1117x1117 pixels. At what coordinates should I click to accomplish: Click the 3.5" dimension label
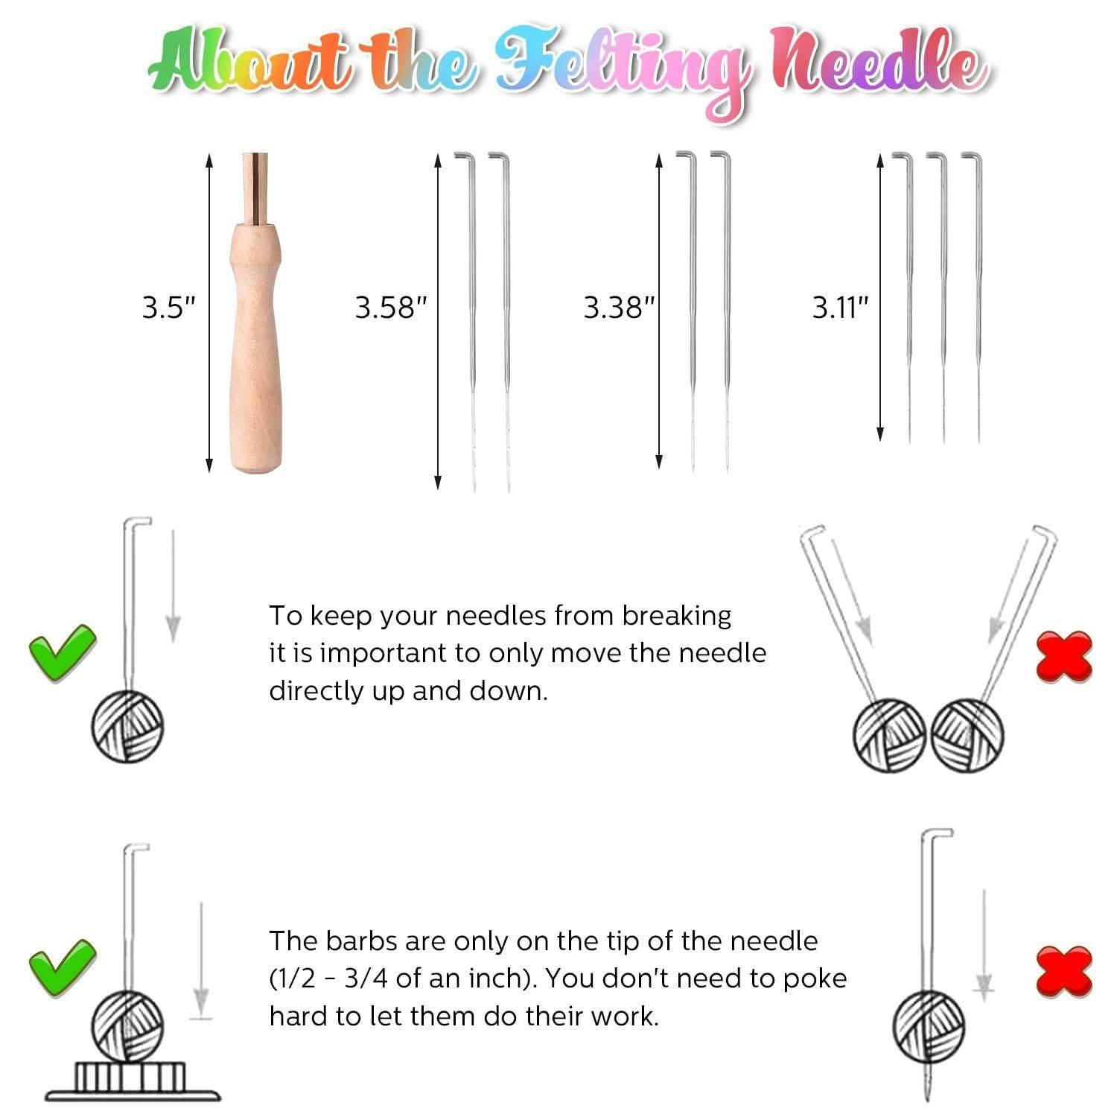(169, 308)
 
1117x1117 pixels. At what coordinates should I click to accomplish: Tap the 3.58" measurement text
(392, 308)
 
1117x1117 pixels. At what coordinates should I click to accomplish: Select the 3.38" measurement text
(620, 308)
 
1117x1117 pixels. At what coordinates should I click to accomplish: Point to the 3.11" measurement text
(841, 308)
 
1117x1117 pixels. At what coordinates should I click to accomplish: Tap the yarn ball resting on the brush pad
(127, 1027)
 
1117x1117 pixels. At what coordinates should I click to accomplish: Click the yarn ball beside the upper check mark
(127, 727)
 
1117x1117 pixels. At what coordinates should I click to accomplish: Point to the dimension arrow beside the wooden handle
(209, 313)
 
